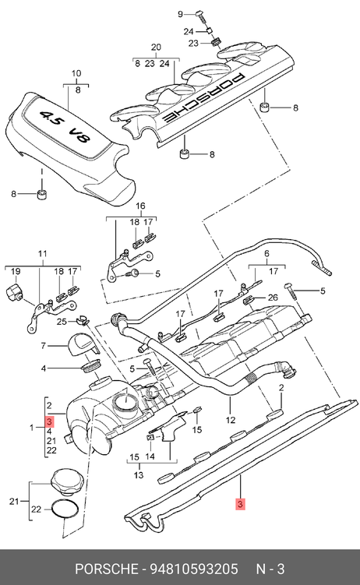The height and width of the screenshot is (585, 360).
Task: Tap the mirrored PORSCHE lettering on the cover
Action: [203, 97]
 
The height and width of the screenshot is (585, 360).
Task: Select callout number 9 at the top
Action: [180, 15]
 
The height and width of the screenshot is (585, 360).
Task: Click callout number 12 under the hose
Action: [231, 420]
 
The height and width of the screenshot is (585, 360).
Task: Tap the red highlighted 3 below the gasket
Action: [240, 504]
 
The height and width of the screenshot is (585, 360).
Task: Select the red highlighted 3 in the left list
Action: [50, 421]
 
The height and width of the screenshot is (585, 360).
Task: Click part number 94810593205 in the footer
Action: [193, 569]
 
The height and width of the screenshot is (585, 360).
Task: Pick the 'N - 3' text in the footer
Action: [270, 569]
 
